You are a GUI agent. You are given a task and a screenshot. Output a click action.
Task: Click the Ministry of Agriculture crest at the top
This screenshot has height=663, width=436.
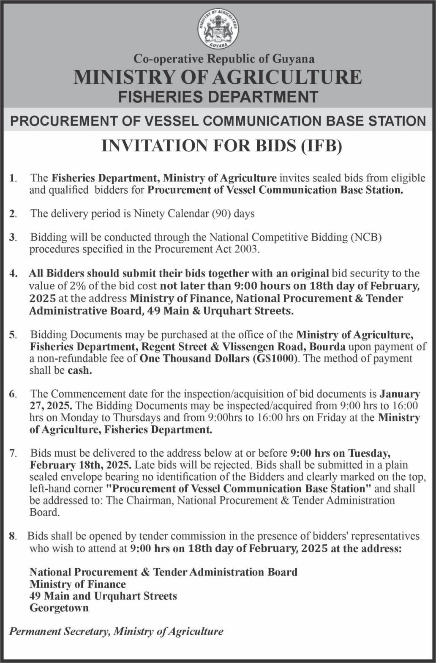tap(218, 29)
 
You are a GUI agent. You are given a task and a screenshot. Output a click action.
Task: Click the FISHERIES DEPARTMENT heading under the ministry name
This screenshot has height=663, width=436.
tap(218, 97)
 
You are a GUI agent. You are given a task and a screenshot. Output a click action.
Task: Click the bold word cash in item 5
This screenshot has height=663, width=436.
tap(79, 371)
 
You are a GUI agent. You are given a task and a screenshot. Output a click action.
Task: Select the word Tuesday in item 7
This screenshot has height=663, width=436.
tap(367, 454)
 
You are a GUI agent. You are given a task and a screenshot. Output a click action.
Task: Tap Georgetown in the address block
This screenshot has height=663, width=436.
tap(59, 608)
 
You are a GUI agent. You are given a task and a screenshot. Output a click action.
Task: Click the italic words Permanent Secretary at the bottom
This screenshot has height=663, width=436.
tap(60, 632)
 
